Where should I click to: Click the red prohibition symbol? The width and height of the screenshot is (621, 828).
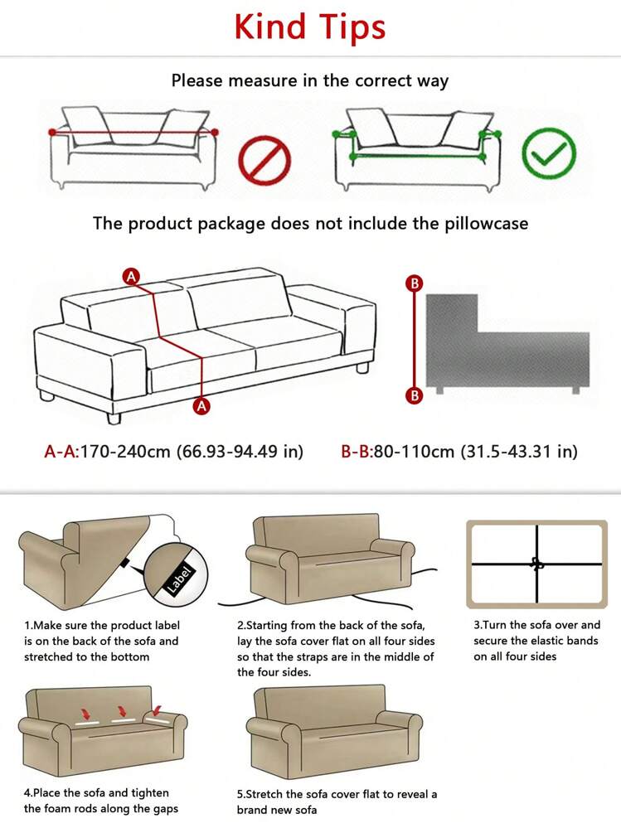[264, 161]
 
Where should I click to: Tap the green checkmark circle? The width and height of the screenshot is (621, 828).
[549, 153]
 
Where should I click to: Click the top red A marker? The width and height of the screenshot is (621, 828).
[131, 276]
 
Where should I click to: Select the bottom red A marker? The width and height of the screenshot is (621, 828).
[201, 406]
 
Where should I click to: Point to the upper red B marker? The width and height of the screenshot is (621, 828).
[415, 283]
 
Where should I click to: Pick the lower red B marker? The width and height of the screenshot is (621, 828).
[415, 395]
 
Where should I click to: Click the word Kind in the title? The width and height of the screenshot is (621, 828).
[269, 26]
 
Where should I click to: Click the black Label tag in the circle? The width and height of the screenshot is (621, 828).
[180, 579]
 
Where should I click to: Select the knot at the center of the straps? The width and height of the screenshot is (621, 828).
[537, 564]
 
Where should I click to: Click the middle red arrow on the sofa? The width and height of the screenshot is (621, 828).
[123, 711]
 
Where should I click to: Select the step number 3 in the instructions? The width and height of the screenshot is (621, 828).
[476, 625]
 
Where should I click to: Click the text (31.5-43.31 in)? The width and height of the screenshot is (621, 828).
[520, 452]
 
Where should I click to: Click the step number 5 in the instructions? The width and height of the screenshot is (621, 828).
[240, 794]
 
